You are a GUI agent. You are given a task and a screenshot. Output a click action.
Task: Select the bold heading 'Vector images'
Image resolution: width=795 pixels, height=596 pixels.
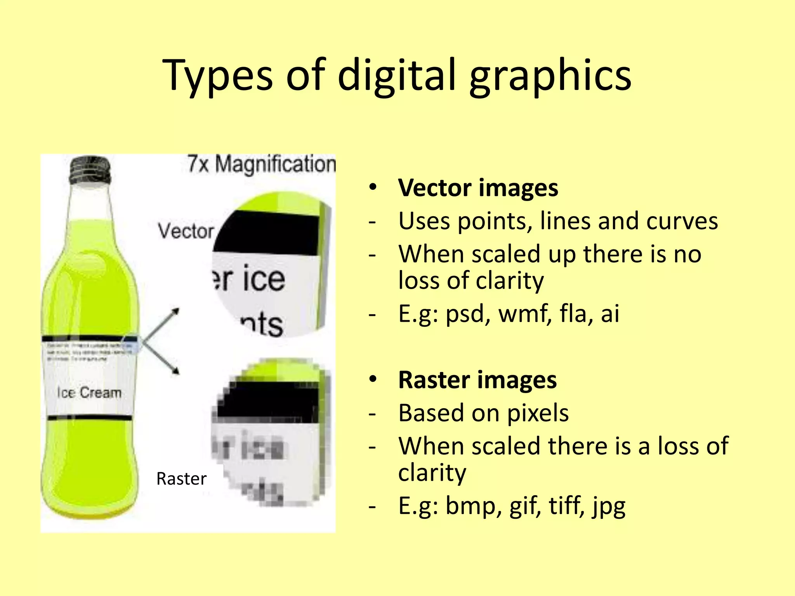click(x=478, y=188)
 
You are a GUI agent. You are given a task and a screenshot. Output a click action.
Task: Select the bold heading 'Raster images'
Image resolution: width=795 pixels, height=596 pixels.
click(x=477, y=380)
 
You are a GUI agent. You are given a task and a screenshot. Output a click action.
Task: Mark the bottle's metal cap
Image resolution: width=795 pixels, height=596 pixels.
click(x=90, y=169)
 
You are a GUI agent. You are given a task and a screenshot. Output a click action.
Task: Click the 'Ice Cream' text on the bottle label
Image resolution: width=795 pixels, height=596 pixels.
click(x=89, y=393)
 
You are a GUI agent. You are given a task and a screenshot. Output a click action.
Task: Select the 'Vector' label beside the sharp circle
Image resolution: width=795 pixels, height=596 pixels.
click(x=186, y=231)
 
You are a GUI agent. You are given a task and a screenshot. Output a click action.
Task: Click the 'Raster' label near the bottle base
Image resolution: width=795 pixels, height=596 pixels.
click(x=181, y=479)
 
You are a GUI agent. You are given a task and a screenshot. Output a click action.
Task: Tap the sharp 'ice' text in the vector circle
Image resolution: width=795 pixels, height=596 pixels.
click(x=264, y=279)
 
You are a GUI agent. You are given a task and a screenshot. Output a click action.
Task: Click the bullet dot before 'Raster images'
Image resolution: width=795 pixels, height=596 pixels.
click(x=373, y=379)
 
